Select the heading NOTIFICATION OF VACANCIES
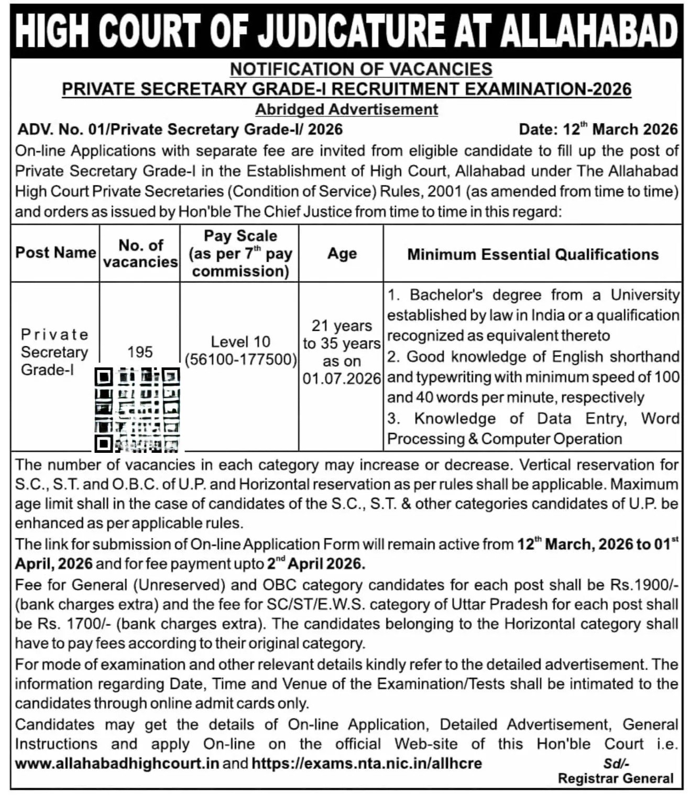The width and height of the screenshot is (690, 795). click(x=361, y=69)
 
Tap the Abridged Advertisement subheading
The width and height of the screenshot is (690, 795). click(x=346, y=110)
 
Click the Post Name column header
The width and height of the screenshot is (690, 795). click(x=56, y=253)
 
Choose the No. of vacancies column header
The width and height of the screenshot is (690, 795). click(x=140, y=253)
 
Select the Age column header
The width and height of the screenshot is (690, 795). click(x=342, y=254)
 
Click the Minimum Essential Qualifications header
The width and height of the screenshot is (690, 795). click(x=533, y=254)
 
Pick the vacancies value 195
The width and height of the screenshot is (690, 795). click(x=140, y=352)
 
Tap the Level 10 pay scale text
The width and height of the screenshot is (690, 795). click(x=240, y=342)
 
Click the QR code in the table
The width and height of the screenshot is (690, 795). click(x=137, y=409)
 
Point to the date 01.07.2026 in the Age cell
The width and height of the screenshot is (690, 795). click(x=342, y=378)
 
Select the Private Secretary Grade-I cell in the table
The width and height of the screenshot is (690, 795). click(x=54, y=352)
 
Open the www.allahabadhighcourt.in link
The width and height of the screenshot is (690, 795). click(x=116, y=763)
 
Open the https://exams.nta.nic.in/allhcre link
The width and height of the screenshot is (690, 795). click(x=366, y=763)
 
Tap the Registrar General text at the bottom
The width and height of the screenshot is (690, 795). click(x=616, y=779)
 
